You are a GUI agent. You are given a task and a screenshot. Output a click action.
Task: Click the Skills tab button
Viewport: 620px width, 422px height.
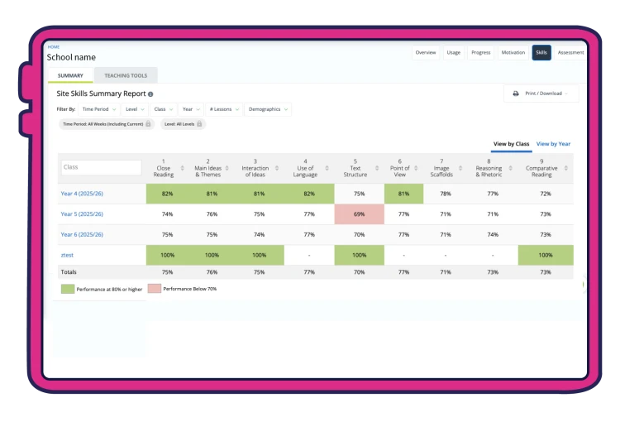tap(541, 53)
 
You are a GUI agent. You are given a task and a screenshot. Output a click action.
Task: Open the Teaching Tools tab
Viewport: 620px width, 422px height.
tap(126, 75)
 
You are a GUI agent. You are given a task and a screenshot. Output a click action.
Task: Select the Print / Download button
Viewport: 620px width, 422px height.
tap(541, 94)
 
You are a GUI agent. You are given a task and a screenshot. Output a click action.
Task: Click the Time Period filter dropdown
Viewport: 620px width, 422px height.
tap(99, 109)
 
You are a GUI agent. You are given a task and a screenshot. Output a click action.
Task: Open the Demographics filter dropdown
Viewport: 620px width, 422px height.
tap(268, 109)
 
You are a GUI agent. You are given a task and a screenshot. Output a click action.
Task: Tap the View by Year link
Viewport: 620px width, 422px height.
tap(553, 144)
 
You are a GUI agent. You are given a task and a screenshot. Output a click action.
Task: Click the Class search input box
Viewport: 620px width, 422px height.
tap(101, 167)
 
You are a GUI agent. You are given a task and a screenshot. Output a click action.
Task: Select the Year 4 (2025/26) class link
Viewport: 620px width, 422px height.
tap(82, 194)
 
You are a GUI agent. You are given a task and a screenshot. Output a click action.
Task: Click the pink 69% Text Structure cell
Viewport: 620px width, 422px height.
tap(359, 214)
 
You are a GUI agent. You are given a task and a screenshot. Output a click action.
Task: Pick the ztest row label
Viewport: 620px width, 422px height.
tap(67, 255)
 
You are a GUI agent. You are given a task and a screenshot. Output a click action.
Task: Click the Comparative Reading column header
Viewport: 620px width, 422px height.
tap(541, 168)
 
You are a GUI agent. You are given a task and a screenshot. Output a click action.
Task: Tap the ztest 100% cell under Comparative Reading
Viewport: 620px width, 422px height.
tap(546, 255)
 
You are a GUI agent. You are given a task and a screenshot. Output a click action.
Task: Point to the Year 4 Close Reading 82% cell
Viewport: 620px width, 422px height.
tap(167, 194)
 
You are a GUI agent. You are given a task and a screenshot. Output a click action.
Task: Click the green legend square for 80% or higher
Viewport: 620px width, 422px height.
tap(68, 289)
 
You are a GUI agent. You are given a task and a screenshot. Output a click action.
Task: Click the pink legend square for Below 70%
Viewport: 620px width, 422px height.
tap(155, 289)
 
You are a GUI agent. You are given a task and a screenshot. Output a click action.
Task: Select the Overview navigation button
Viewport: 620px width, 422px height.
tap(426, 53)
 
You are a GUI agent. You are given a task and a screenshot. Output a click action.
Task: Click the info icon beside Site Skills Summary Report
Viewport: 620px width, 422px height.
tap(150, 94)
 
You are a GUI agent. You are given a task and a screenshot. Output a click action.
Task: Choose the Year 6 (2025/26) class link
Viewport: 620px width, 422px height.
tap(82, 234)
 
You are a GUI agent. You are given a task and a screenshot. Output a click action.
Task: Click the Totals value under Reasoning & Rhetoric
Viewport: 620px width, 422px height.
tap(493, 272)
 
